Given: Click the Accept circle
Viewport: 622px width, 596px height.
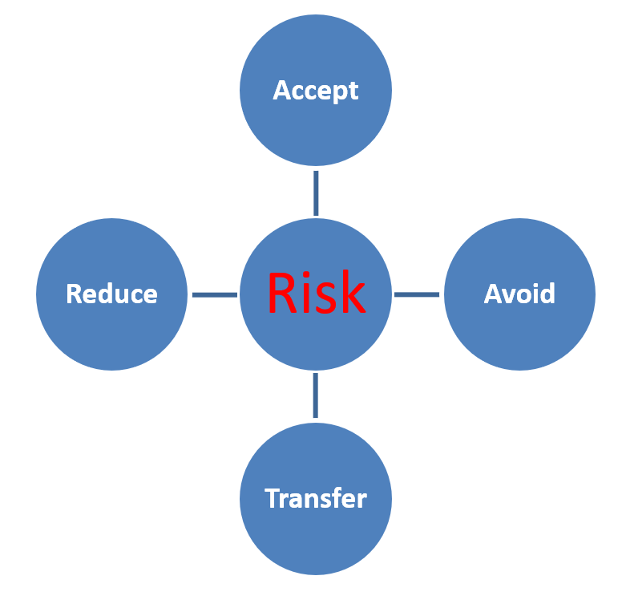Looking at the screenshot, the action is [316, 120].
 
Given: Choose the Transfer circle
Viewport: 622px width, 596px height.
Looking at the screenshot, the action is [316, 533].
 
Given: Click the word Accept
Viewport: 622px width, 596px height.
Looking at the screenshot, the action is [316, 90].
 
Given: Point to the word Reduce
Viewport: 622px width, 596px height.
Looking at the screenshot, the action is [111, 294].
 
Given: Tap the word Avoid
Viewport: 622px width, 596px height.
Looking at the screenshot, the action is [519, 294].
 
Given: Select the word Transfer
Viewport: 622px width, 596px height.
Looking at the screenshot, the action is [316, 499].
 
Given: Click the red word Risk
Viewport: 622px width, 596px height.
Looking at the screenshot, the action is [316, 293].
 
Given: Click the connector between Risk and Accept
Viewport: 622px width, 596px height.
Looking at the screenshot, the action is [316, 193].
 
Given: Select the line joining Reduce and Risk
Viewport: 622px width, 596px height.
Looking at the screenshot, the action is [214, 294].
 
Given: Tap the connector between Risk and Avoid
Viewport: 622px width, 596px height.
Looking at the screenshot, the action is [417, 294].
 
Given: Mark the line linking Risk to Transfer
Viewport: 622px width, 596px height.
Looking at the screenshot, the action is [315, 395].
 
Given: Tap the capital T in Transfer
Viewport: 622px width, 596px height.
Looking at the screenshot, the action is [273, 499].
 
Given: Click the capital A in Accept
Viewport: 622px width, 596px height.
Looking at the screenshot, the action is [281, 90].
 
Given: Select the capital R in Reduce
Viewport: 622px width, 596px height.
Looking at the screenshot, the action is [74, 294].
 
